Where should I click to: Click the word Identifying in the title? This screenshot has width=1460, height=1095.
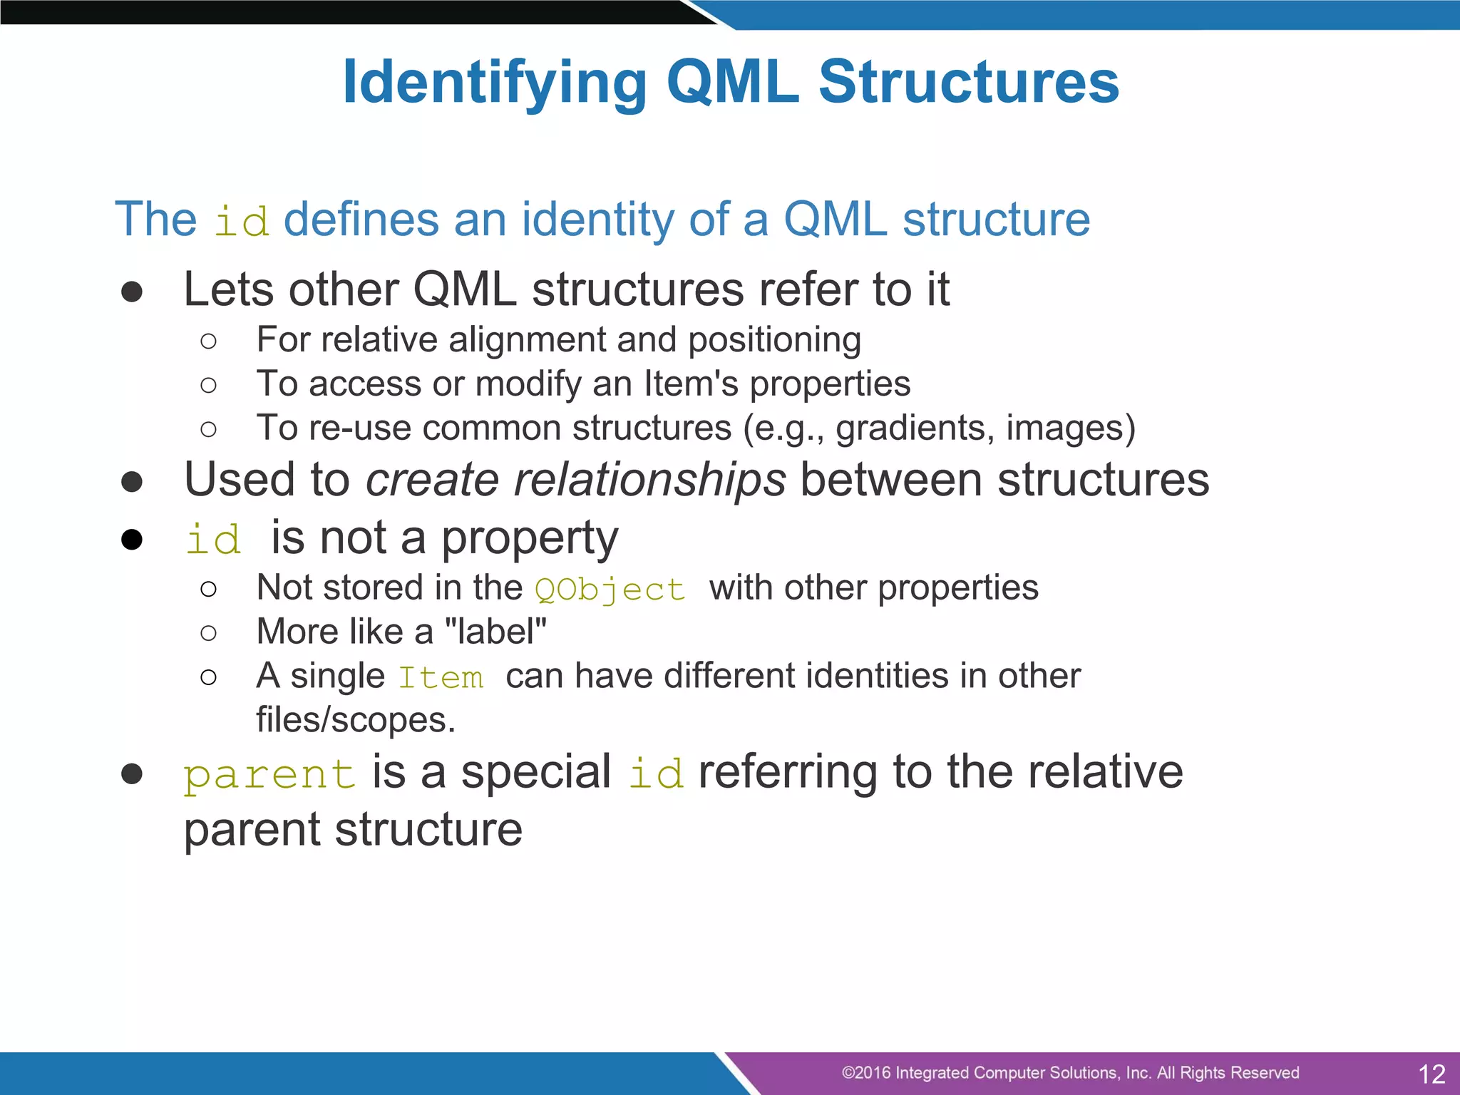pos(495,83)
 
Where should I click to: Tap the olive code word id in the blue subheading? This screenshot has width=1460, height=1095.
pos(242,222)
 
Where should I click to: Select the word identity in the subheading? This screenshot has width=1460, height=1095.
pos(597,219)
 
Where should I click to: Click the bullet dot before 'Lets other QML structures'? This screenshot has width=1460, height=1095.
pos(132,292)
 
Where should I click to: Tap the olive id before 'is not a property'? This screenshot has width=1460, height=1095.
pos(213,540)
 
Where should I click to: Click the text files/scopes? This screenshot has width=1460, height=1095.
pos(356,720)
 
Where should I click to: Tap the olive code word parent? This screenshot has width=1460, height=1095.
pos(269,775)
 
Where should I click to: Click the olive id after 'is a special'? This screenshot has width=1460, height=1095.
pos(656,774)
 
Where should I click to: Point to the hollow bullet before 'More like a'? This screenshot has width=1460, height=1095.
pos(208,633)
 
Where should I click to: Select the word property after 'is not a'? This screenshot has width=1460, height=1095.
pos(530,540)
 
